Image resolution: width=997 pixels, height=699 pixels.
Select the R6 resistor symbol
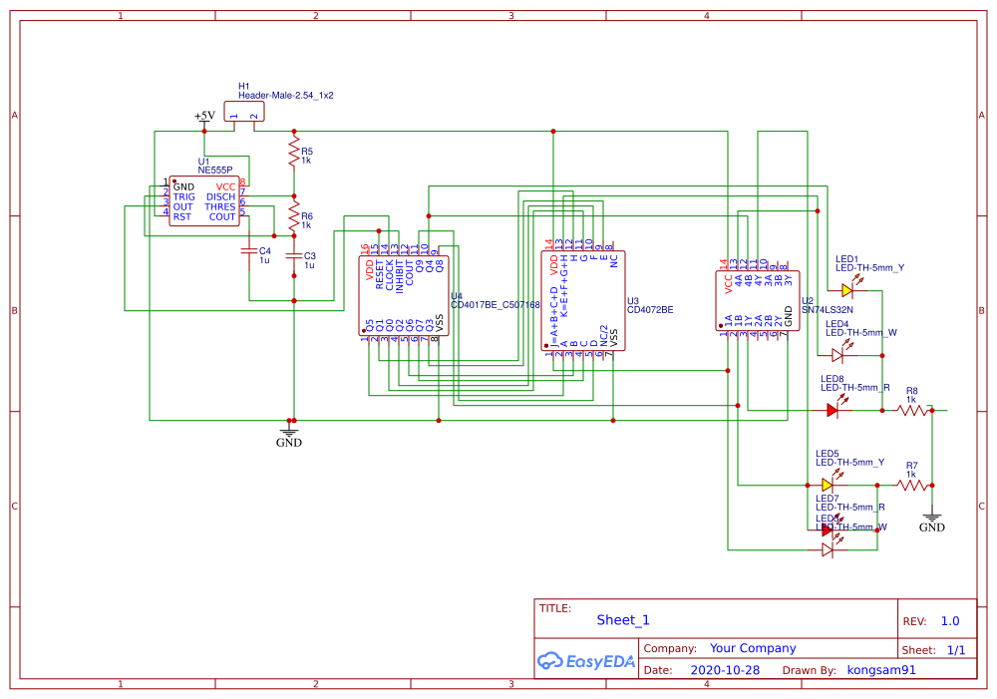pyautogui.click(x=293, y=214)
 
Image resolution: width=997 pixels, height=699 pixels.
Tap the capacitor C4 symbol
pyautogui.click(x=248, y=252)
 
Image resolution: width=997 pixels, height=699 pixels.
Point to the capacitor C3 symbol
pyautogui.click(x=293, y=256)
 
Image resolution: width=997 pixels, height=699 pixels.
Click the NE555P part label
pyautogui.click(x=215, y=171)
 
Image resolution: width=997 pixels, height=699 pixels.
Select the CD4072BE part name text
pyautogui.click(x=649, y=310)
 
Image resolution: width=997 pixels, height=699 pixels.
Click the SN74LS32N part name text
pyautogui.click(x=828, y=310)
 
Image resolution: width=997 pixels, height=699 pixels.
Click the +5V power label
pyautogui.click(x=204, y=117)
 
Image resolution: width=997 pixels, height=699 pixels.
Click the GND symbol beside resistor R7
pyautogui.click(x=932, y=520)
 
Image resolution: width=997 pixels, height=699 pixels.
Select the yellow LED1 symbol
pyautogui.click(x=847, y=290)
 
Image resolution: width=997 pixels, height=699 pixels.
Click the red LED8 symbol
pyautogui.click(x=833, y=409)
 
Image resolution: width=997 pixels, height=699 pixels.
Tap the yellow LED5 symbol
pyautogui.click(x=828, y=485)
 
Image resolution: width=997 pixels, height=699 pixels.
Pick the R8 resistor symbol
pyautogui.click(x=911, y=409)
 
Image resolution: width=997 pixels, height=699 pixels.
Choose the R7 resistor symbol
pyautogui.click(x=911, y=485)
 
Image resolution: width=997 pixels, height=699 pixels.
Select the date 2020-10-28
pyautogui.click(x=725, y=670)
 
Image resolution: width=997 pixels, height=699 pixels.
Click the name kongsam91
pyautogui.click(x=881, y=670)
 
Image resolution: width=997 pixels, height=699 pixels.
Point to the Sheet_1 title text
pyautogui.click(x=623, y=619)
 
